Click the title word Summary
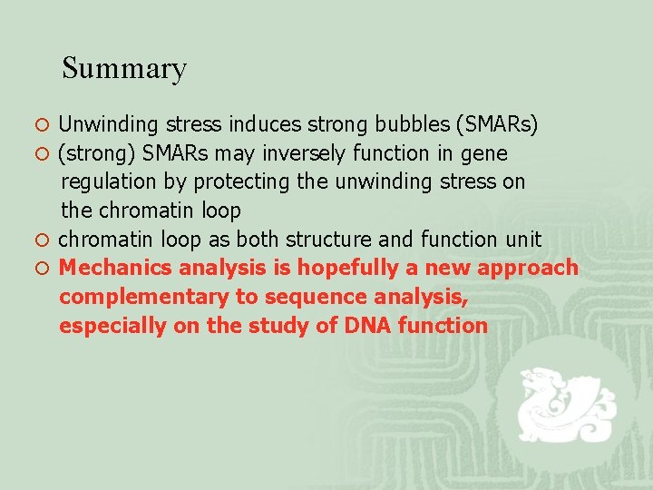click(124, 69)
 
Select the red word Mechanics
click(115, 268)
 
